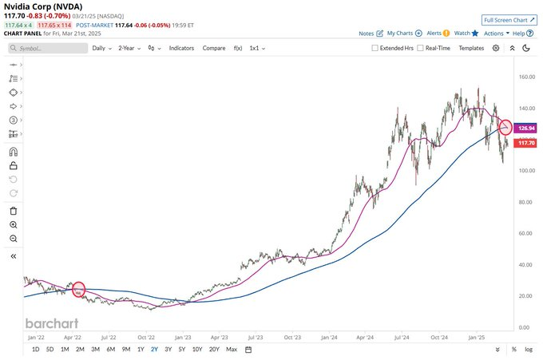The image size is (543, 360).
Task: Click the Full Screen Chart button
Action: coord(509,18)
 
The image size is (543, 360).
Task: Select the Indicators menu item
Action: coord(181,48)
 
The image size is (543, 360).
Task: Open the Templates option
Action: coord(471,48)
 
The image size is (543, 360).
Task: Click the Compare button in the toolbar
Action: coord(214,48)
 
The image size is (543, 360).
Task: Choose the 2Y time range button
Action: coord(153,349)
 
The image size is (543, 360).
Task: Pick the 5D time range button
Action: coord(50,349)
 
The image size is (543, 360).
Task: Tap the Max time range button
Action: coord(232,349)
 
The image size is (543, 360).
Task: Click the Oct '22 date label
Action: coord(145,338)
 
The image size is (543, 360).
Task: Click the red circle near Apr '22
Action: coord(78,289)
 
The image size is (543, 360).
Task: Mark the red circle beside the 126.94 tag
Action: coord(505,127)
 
